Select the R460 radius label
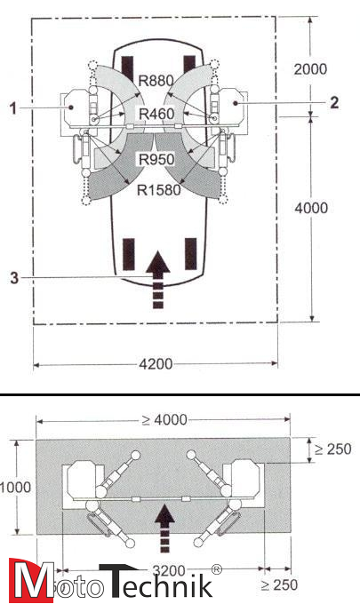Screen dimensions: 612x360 [156, 114]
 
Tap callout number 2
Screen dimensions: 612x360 [333, 102]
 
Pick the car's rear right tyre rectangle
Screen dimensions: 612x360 [188, 254]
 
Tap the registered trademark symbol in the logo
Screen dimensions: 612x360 [215, 569]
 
